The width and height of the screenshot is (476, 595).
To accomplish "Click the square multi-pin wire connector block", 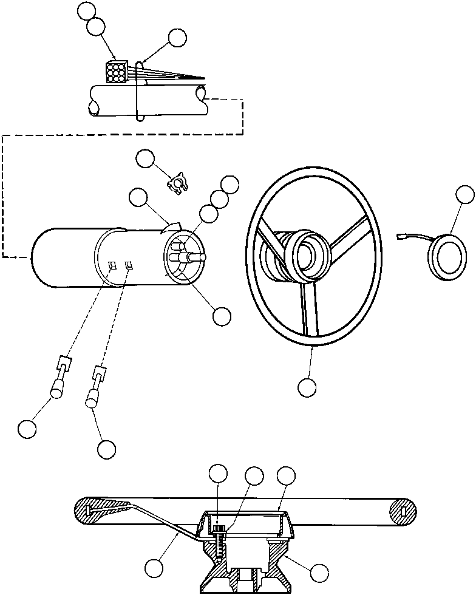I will [x=115, y=72].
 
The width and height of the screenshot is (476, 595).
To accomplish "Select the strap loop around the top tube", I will [x=140, y=91].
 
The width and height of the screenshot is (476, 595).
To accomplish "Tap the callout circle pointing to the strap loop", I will [x=177, y=38].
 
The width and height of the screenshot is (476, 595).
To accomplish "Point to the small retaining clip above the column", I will [x=175, y=182].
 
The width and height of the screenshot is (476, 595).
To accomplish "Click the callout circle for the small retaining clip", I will [x=145, y=159].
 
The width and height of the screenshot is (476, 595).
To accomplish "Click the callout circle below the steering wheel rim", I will [x=307, y=387].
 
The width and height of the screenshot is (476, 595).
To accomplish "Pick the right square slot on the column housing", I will [x=129, y=264].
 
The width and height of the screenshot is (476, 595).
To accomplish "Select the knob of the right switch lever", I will [x=92, y=398].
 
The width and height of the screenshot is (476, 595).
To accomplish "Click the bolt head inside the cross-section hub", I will [x=220, y=530].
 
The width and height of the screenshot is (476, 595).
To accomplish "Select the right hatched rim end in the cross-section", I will [x=404, y=511].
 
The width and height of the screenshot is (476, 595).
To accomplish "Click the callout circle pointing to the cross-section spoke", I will [x=154, y=568].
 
